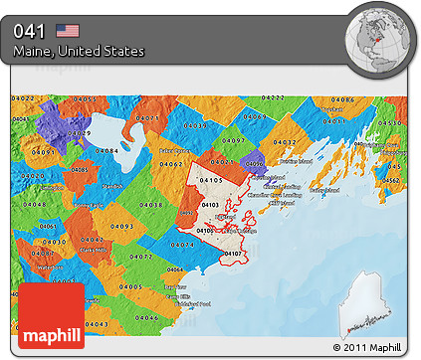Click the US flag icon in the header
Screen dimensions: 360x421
[68, 31]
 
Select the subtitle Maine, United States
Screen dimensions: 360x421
[79, 51]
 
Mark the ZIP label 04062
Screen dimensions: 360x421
[171, 164]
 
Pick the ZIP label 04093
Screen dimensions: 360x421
[122, 226]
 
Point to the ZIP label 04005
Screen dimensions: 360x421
[130, 286]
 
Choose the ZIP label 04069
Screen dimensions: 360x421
[255, 116]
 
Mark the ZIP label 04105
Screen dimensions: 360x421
[211, 179]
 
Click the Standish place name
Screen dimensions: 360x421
[112, 185]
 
